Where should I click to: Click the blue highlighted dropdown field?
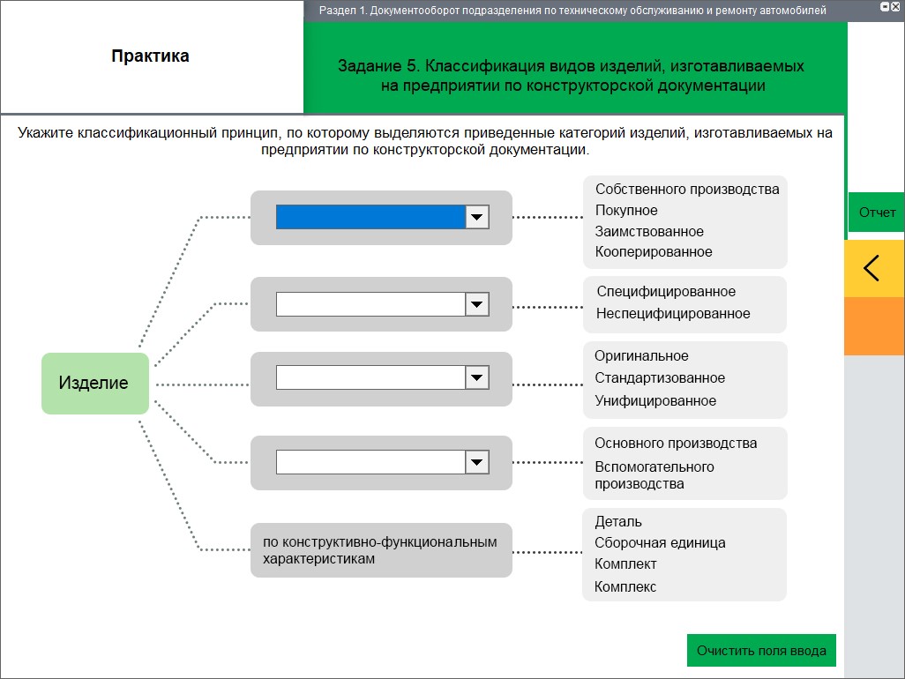[370, 217]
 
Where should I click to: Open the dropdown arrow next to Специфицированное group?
[476, 304]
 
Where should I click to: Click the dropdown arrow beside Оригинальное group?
[476, 377]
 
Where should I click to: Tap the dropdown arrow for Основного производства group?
[476, 462]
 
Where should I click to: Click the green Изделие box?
[95, 383]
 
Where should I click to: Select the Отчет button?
[877, 213]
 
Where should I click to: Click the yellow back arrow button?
[874, 268]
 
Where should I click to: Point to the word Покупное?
[626, 211]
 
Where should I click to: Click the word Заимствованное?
[649, 231]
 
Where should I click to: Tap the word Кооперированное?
[654, 252]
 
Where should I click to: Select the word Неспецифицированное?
[673, 314]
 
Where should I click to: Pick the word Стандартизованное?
[660, 378]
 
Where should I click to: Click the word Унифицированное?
[655, 401]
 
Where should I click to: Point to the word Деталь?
[618, 521]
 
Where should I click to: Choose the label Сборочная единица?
[660, 543]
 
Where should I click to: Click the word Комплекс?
[625, 586]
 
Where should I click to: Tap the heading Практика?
[150, 56]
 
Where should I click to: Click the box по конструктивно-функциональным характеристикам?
[381, 550]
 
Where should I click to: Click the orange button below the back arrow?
[874, 326]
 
